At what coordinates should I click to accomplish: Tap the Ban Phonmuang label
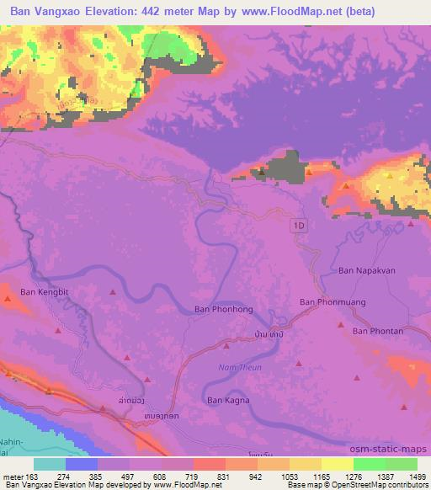pyautogui.click(x=330, y=301)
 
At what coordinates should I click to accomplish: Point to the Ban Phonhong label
pyautogui.click(x=223, y=309)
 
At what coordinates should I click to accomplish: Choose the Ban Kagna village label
pyautogui.click(x=231, y=400)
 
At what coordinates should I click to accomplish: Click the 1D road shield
pyautogui.click(x=300, y=226)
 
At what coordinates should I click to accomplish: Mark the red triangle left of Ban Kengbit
pyautogui.click(x=9, y=296)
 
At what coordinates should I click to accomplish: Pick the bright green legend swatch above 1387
pyautogui.click(x=370, y=464)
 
